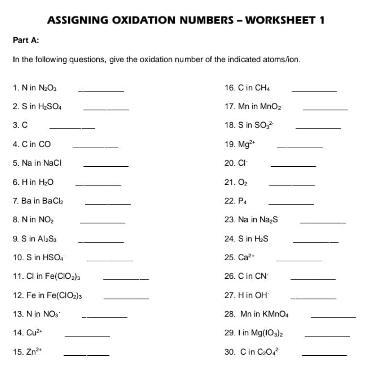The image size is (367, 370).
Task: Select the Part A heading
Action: click(26, 40)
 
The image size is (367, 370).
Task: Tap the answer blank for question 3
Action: click(72, 128)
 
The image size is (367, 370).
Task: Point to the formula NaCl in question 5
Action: click(52, 163)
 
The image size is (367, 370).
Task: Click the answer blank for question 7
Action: click(108, 203)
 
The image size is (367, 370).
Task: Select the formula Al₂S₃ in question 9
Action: click(47, 238)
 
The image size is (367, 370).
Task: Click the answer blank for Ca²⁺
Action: click(299, 260)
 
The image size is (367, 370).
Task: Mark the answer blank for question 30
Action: click(324, 355)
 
